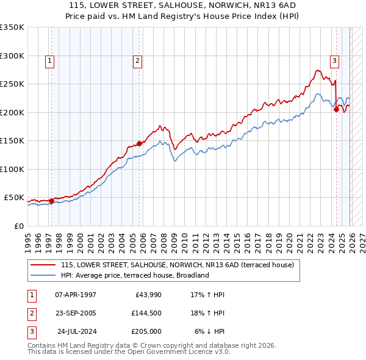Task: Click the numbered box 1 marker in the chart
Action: [x=49, y=60]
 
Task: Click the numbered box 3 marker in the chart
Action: [x=334, y=60]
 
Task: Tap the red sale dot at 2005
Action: [x=139, y=143]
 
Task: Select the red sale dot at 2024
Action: [x=336, y=110]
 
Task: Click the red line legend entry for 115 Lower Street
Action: [x=177, y=265]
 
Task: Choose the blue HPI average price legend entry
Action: [x=134, y=275]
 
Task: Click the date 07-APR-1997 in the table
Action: [x=76, y=295]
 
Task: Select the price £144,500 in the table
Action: [x=146, y=313]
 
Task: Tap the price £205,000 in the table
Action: [x=146, y=331]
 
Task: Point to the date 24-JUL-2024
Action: [x=76, y=331]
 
